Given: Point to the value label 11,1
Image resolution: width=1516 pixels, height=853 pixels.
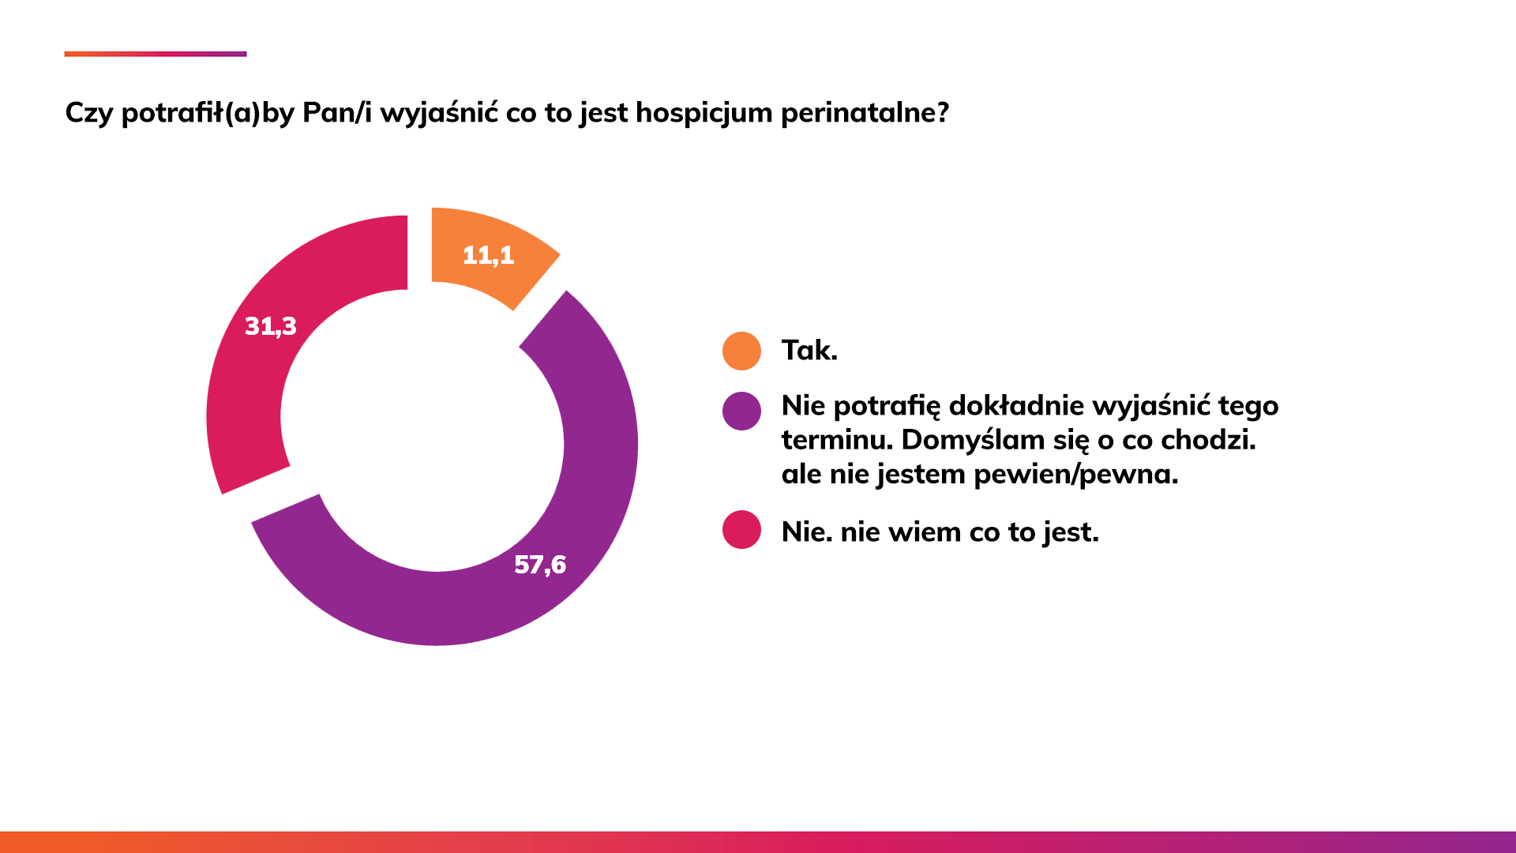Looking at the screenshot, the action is point(488,255).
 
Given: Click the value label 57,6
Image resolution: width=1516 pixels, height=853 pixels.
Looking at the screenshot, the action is point(540,565).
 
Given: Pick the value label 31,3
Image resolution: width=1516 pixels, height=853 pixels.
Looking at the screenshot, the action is point(271,326).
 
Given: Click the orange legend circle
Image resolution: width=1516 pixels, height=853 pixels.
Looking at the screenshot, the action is point(741,351).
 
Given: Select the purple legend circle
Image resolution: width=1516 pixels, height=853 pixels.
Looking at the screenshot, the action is point(741,411).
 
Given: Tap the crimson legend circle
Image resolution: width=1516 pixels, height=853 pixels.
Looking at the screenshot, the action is point(741,529).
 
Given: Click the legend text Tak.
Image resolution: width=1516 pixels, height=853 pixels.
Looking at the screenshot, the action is point(809,350).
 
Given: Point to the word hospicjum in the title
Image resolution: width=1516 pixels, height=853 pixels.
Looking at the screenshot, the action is point(704,113).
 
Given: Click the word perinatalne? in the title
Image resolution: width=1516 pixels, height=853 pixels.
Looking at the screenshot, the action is point(865,113).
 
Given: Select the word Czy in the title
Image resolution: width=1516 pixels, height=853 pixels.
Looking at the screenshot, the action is point(89,113).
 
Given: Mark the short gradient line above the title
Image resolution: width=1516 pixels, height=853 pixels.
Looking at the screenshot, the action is point(156,54).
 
